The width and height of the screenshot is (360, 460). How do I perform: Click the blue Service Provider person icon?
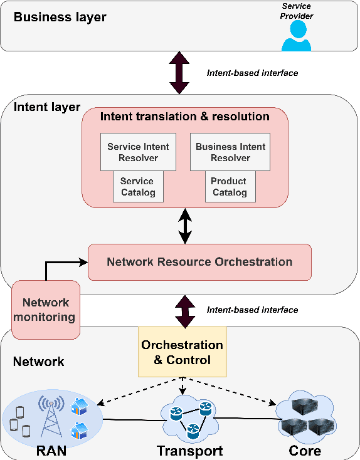[x=296, y=36]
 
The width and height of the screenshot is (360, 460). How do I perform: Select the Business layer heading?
[x=60, y=17]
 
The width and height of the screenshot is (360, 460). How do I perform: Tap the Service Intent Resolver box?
[x=138, y=152]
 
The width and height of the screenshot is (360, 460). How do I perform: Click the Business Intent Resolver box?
[x=230, y=152]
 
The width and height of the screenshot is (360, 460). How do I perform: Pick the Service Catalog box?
[x=138, y=187]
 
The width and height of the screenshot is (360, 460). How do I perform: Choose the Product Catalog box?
[x=230, y=187]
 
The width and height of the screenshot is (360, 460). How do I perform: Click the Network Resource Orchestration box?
[x=199, y=262]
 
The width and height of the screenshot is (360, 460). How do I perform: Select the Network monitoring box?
[x=45, y=310]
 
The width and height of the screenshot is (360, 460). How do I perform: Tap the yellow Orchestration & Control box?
[x=181, y=352]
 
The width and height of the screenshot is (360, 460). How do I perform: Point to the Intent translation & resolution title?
[x=185, y=117]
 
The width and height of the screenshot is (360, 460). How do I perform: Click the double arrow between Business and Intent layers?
[x=180, y=73]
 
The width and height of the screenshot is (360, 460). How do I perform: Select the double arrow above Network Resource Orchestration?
[x=185, y=226]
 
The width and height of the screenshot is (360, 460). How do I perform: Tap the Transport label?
[x=189, y=451]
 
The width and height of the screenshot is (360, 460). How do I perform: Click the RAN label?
[x=51, y=451]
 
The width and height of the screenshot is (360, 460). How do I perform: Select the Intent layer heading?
[x=47, y=107]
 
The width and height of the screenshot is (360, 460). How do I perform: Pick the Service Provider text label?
[x=296, y=11]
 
